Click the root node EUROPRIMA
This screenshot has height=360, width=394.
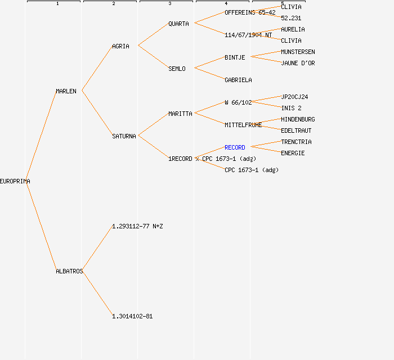[15, 181]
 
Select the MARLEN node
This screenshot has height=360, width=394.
[66, 91]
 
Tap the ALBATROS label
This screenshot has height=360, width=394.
[69, 271]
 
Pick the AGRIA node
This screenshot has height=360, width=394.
[120, 46]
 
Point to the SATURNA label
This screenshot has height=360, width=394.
[124, 136]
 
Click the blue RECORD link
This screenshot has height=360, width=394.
[235, 147]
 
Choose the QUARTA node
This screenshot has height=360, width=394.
[178, 24]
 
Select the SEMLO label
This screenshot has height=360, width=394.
[177, 69]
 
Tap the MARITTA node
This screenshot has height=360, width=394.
[180, 114]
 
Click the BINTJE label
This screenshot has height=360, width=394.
[235, 57]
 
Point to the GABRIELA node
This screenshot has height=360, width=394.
[238, 80]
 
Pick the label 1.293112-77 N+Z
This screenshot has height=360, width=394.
[137, 226]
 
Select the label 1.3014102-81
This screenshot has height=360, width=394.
[132, 316]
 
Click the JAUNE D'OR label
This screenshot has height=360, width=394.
[298, 63]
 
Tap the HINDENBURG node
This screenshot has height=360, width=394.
[298, 119]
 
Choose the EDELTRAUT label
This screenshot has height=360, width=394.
[296, 130]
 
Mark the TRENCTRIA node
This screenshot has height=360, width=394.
[296, 142]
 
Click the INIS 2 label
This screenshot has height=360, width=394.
[291, 108]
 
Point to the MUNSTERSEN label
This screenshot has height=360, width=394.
[298, 52]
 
